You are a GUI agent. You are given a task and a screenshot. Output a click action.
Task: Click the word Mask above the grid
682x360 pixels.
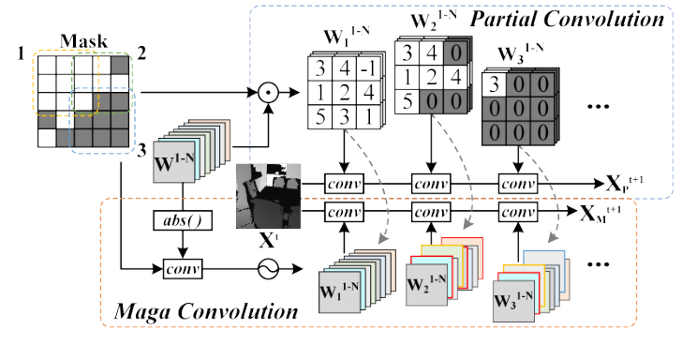coord(84,42)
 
